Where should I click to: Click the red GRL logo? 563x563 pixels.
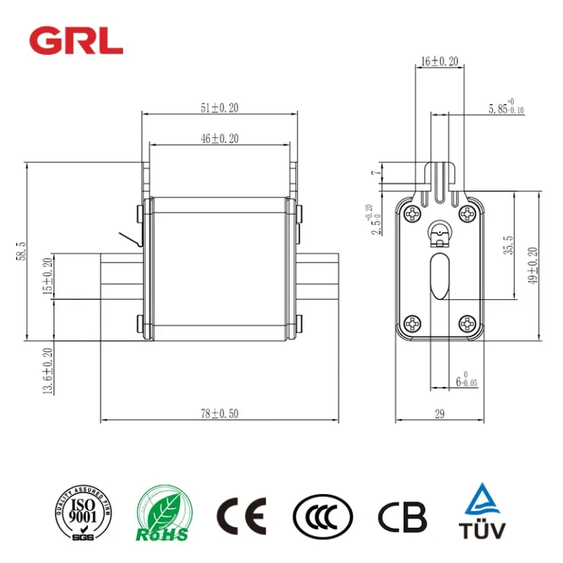tap(76, 40)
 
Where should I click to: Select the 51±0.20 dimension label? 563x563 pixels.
tap(219, 108)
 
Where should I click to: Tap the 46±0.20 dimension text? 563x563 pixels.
tap(219, 137)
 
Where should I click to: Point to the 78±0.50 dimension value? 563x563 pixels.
tap(219, 413)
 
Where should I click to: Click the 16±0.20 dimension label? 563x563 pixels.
tap(439, 62)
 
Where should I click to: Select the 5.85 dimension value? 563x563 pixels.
tap(506, 108)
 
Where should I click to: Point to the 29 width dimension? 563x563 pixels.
tap(439, 413)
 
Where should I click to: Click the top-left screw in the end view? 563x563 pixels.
tap(412, 214)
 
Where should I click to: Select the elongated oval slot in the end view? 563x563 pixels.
tap(439, 276)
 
